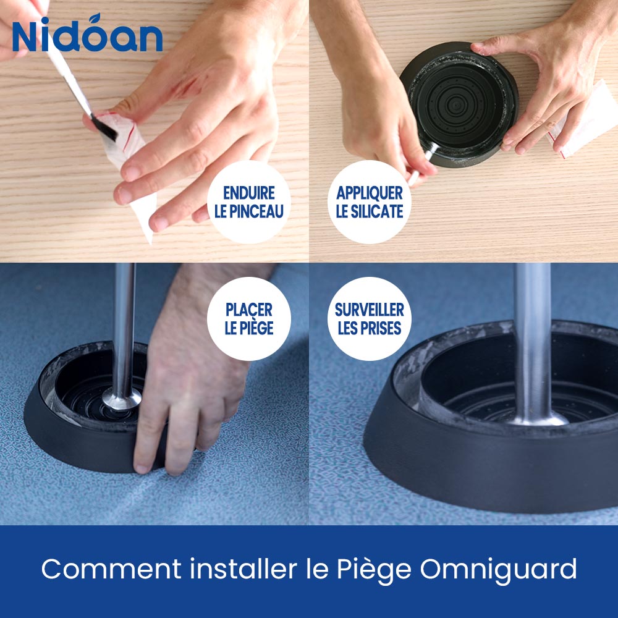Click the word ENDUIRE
pyautogui.click(x=249, y=193)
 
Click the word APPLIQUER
pyautogui.click(x=370, y=193)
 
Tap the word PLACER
pyautogui.click(x=249, y=310)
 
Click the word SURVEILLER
pyautogui.click(x=370, y=310)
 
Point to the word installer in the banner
pyautogui.click(x=243, y=569)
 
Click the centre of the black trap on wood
pyautogui.click(x=459, y=105)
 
